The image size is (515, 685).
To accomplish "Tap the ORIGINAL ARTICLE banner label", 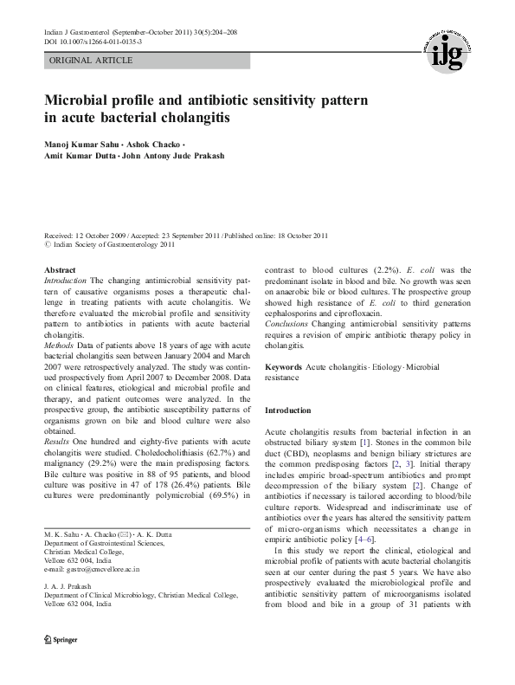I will coord(91,61).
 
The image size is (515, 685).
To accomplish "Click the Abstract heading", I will coord(60,270).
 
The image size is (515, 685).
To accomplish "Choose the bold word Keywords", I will coord(283,367).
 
